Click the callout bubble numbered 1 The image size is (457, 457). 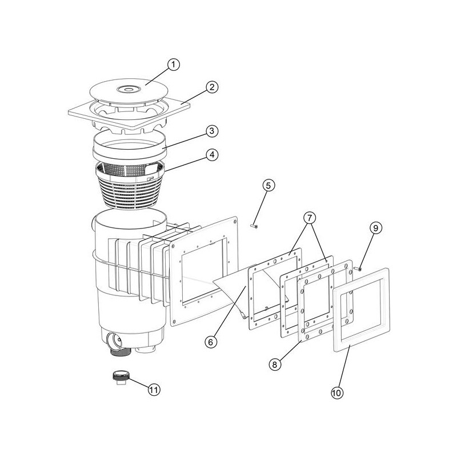coord(174,65)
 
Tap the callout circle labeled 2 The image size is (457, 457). coord(212,87)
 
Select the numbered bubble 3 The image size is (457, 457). coord(212,131)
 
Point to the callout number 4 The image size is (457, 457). coord(212,155)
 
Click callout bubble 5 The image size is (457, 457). coord(268,185)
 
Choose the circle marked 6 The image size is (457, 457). coord(211,342)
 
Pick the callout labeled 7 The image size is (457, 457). coord(310,218)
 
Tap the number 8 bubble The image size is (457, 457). coord(275,364)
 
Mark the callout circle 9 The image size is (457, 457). coord(376,228)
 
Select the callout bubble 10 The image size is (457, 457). coord(337,393)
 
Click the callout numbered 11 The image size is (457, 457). coord(154,390)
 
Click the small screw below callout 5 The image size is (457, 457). coord(254,226)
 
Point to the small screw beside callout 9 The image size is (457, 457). coord(358,268)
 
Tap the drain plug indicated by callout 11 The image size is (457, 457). coord(121,377)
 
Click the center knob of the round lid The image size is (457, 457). coord(129,89)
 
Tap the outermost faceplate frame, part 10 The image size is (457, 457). coord(362,310)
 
